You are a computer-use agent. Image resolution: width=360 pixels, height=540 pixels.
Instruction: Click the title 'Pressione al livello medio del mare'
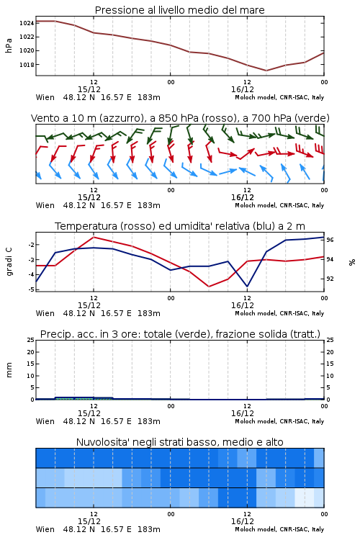point(179,10)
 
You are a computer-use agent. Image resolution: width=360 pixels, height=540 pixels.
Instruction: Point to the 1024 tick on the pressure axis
point(26,23)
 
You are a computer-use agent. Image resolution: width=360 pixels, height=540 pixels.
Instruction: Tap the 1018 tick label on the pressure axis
point(26,64)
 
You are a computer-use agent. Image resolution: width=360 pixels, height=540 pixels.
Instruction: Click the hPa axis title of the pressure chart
point(9,45)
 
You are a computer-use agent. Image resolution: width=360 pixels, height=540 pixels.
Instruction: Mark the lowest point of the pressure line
point(266,71)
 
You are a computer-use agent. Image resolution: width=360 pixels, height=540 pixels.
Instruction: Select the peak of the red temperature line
point(94,237)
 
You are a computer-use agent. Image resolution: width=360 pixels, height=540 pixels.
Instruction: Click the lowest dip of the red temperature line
point(209,287)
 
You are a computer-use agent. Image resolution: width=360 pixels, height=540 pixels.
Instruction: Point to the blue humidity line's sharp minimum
point(247,287)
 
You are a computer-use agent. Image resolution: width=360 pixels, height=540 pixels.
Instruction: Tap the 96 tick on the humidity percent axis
point(330,240)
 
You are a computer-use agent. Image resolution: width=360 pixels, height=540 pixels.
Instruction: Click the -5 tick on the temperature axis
point(31,289)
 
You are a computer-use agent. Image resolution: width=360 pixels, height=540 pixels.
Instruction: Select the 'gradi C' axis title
point(9,261)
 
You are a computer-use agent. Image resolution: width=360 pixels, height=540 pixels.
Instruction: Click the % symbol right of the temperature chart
point(352,262)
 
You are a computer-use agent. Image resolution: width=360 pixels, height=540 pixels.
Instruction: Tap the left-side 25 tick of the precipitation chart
point(31,340)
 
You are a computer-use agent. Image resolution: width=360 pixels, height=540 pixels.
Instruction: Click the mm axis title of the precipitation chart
point(9,370)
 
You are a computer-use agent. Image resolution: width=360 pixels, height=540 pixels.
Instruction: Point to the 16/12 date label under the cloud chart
point(243,521)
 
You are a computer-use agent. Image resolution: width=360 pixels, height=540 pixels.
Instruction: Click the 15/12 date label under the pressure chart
point(89,89)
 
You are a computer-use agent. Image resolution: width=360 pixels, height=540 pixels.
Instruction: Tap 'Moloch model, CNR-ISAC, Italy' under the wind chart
point(279,205)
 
